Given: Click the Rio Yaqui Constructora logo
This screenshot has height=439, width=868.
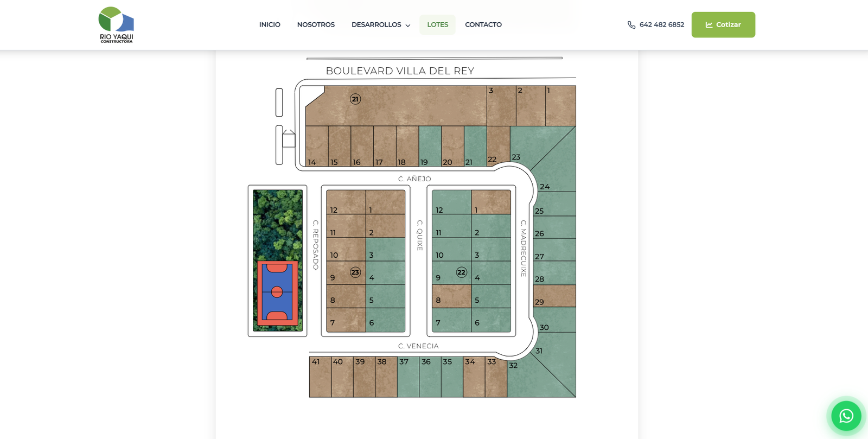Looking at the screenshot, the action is tap(116, 25).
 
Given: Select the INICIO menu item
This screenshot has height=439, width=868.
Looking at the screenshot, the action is tap(270, 25).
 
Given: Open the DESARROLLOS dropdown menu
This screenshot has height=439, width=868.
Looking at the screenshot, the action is tap(380, 25).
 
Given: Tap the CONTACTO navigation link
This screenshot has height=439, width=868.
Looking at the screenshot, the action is tap(483, 25).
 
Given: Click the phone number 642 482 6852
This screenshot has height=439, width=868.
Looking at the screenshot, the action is tap(661, 25).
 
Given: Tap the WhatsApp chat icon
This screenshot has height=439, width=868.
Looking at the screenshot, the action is tap(846, 416).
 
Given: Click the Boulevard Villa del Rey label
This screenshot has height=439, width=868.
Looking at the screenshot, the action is tap(400, 71).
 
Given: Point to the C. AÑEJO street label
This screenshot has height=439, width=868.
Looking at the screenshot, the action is tap(414, 179).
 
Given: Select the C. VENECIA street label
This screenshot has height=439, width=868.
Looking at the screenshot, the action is tap(418, 346).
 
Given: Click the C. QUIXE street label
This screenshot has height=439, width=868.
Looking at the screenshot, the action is tap(420, 235).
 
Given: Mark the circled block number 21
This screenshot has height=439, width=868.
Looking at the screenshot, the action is tap(355, 99).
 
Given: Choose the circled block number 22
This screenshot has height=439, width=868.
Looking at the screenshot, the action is tap(461, 272).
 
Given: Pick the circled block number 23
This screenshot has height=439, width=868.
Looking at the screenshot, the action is tap(355, 272).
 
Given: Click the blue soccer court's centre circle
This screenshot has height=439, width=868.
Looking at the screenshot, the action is tap(277, 292).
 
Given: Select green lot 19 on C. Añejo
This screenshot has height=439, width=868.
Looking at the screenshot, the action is tap(430, 146).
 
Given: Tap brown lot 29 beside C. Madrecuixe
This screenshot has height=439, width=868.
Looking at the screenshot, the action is tap(554, 296).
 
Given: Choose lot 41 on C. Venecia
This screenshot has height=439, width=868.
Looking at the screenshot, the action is tap(320, 377).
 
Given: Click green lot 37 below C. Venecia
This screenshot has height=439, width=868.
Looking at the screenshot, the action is tap(408, 377).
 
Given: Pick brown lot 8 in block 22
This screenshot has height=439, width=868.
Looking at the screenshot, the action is tap(452, 296).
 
